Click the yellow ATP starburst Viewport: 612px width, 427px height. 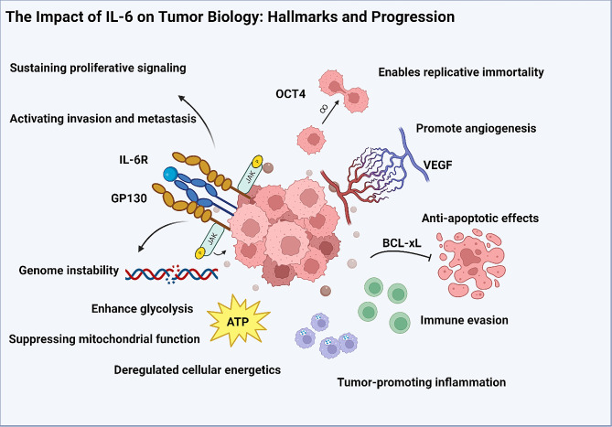[x=242, y=322]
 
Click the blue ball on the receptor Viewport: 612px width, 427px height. [x=169, y=174]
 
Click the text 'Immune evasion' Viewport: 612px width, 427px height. [x=464, y=320]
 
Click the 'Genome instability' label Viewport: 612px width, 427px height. [x=68, y=271]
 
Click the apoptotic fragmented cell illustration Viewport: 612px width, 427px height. [x=478, y=265]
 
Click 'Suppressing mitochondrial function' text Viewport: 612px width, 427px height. [x=104, y=339]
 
